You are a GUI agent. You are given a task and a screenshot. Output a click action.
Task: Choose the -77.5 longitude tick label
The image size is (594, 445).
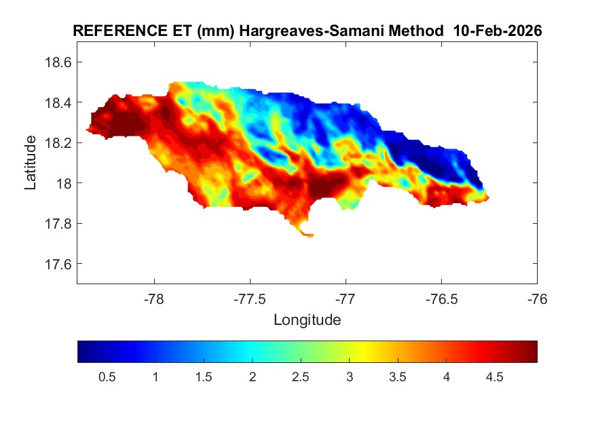pyautogui.click(x=250, y=298)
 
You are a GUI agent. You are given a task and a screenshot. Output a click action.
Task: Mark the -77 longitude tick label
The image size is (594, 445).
pyautogui.click(x=346, y=298)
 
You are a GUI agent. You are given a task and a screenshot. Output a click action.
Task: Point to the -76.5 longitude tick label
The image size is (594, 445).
pyautogui.click(x=441, y=298)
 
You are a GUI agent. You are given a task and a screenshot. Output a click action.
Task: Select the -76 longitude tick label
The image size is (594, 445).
pyautogui.click(x=537, y=298)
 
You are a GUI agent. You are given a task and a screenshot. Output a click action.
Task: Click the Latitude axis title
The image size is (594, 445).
pyautogui.click(x=31, y=162)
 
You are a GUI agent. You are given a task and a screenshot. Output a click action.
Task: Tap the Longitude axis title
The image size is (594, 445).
pyautogui.click(x=307, y=320)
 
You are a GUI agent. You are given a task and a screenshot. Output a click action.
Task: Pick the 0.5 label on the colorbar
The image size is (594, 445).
pyautogui.click(x=107, y=378)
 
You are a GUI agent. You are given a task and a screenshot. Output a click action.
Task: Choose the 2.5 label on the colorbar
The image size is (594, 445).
pyautogui.click(x=301, y=378)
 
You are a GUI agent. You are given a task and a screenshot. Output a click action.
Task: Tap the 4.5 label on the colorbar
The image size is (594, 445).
pyautogui.click(x=494, y=378)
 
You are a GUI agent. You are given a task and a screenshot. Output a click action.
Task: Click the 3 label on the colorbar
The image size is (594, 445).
pyautogui.click(x=349, y=378)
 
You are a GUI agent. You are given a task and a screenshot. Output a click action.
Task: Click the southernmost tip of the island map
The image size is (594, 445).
pyautogui.click(x=310, y=236)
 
